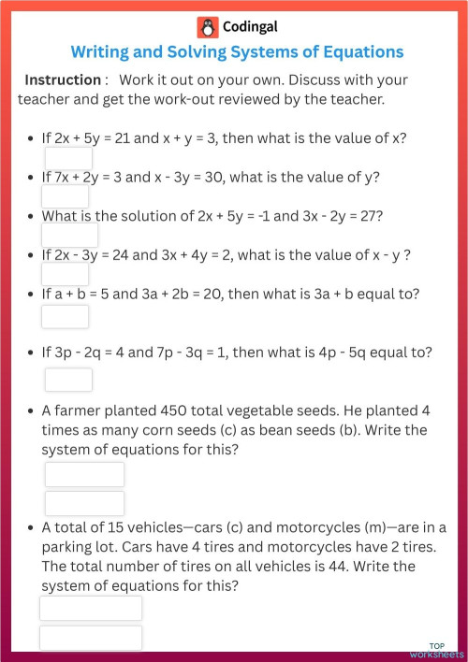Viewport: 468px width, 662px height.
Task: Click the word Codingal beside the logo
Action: pos(250,27)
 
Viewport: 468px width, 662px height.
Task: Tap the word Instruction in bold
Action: pos(62,80)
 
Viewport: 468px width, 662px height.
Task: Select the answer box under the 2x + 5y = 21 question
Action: pos(68,158)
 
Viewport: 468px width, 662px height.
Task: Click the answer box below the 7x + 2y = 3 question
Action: pos(66,196)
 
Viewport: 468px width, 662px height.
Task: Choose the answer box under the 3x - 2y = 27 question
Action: pos(69,235)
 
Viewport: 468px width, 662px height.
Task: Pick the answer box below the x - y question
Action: pos(66,273)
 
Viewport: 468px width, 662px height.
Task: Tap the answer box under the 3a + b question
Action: pos(66,316)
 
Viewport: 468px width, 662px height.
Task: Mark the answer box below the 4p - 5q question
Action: pos(68,380)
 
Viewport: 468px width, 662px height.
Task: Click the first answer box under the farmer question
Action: pos(84,474)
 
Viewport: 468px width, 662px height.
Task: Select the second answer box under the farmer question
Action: pos(84,503)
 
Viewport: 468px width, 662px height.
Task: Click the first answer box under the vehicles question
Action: pos(90,609)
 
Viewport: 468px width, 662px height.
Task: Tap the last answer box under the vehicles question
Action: pos(90,639)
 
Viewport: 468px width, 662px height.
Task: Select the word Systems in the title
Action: pos(243,51)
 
